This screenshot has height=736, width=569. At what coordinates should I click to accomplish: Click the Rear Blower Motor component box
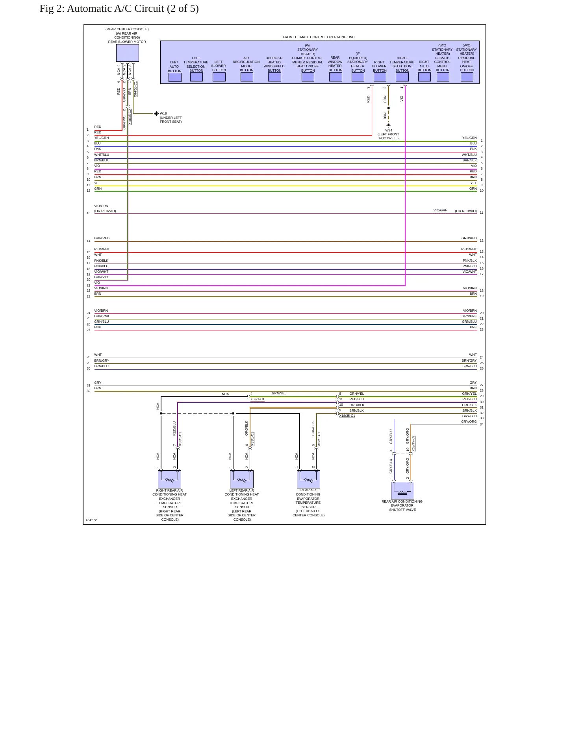point(127,53)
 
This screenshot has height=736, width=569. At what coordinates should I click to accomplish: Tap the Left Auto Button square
point(175,77)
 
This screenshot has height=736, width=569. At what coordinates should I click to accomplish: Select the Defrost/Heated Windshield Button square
point(274,77)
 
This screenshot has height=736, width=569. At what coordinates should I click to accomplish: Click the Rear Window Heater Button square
point(335,77)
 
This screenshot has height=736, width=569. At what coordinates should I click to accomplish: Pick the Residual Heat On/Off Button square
point(467,77)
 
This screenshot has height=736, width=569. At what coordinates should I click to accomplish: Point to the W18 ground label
point(163,113)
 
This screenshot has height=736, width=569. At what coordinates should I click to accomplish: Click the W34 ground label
point(389,130)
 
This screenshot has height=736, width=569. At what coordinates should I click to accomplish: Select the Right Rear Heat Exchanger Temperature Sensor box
point(169,479)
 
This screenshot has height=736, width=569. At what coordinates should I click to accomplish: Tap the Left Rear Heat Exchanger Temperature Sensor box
point(241,479)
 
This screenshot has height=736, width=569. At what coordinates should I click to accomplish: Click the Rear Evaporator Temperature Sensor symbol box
point(308,479)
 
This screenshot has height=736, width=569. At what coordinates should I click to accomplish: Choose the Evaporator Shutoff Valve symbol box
point(402,490)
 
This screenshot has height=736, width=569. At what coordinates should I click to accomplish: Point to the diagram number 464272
point(91,520)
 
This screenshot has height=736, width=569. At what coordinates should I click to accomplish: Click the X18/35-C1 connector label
point(347,416)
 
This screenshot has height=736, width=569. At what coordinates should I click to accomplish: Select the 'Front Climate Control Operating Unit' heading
point(319,37)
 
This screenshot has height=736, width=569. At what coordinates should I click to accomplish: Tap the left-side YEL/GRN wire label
point(102,138)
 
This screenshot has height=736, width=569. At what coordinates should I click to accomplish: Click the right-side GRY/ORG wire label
point(469,422)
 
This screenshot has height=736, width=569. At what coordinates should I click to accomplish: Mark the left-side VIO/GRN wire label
point(101,206)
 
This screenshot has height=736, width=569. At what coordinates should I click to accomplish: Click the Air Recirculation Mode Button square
point(247,77)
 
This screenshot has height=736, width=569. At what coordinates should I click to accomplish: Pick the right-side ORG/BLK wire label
point(469,405)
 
